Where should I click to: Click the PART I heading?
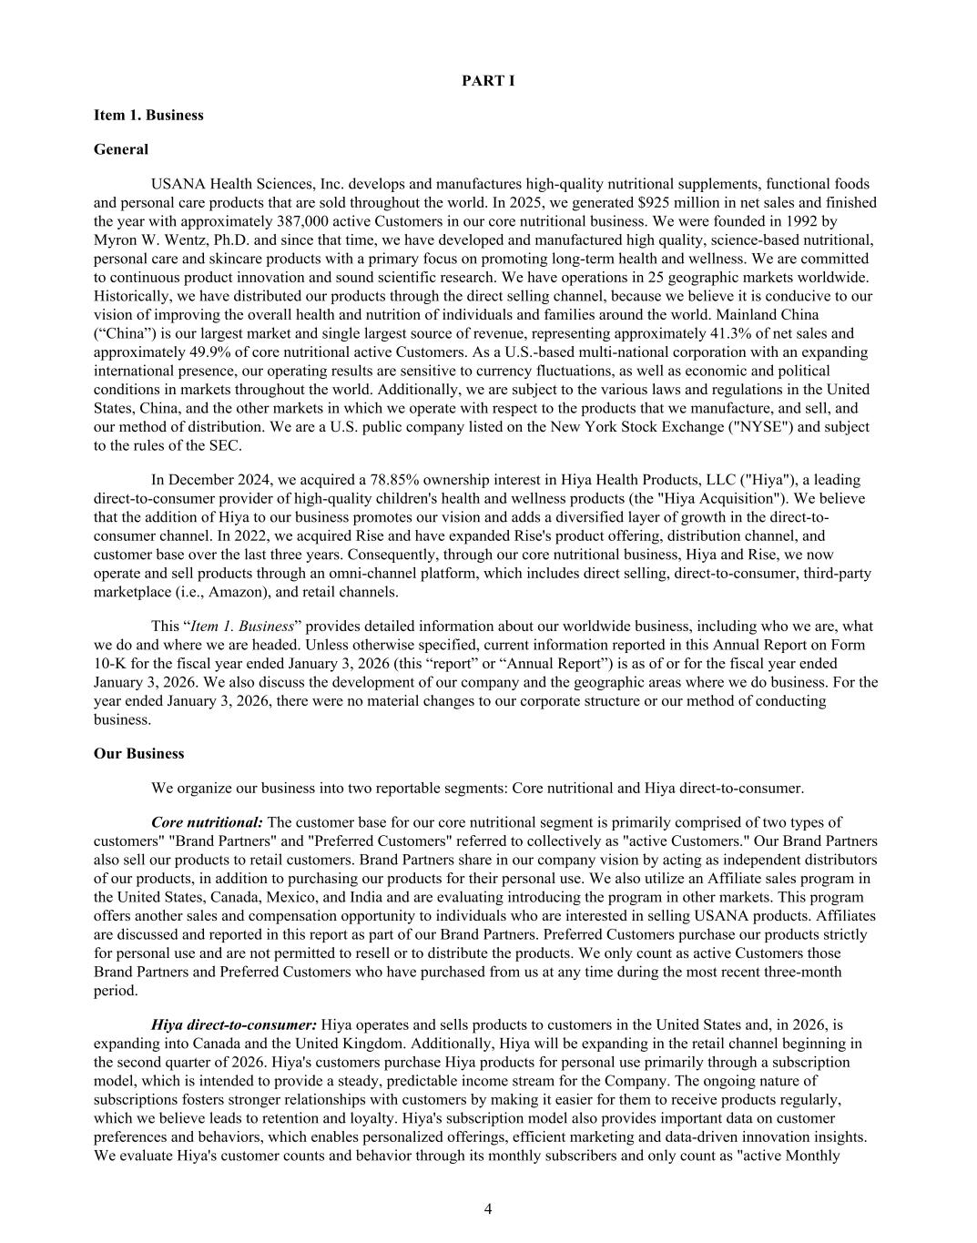click(488, 81)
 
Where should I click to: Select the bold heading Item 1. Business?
click(148, 115)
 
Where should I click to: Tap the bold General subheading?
click(121, 148)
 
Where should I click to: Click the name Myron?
click(115, 239)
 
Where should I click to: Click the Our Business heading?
click(138, 753)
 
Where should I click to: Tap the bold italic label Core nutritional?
click(208, 822)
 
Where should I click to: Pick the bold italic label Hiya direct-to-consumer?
click(234, 1024)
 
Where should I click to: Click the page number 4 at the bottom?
click(488, 1209)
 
